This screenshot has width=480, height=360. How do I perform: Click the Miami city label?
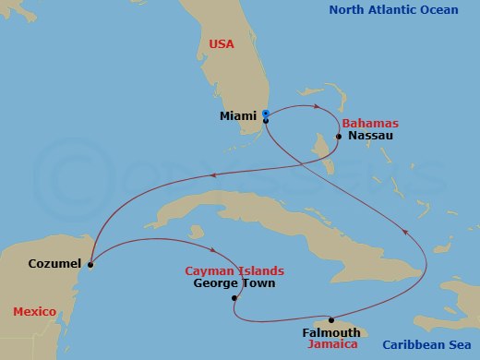[x=238, y=116]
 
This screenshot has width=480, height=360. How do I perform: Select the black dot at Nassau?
[x=339, y=137]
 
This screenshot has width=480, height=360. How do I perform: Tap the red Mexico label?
[x=35, y=312]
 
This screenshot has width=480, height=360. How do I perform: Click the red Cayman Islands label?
[x=234, y=271]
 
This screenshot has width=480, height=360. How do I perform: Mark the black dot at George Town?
[x=234, y=298]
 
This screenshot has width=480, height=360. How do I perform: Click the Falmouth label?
[x=330, y=332]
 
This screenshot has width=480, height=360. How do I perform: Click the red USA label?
[x=222, y=43]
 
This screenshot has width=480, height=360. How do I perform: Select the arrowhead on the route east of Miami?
[x=318, y=107]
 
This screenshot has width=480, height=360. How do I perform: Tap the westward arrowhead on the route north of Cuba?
[x=214, y=176]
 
